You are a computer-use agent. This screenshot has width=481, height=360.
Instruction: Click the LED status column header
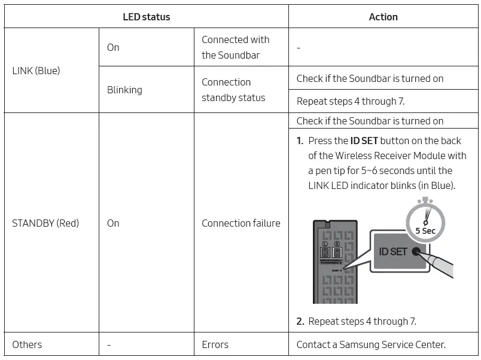146,17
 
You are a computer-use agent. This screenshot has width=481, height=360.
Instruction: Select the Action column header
383,17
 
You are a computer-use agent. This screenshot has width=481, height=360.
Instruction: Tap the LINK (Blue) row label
36,71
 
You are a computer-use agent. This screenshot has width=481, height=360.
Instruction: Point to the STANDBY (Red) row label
45,223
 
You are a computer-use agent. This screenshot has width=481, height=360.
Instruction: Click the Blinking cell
124,90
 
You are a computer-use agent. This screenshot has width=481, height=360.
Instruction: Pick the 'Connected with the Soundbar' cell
235,47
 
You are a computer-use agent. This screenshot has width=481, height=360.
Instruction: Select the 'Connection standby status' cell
233,90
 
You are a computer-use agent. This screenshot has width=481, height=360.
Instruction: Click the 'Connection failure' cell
240,223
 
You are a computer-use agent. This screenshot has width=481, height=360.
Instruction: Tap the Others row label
27,344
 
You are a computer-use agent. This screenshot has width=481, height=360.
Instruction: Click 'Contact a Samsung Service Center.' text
371,344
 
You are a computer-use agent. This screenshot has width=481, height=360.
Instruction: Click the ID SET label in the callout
392,252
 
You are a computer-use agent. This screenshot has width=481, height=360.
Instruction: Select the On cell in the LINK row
113,47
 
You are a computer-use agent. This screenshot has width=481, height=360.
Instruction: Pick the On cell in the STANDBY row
113,223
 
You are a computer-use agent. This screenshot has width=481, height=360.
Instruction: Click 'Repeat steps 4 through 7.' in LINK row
350,102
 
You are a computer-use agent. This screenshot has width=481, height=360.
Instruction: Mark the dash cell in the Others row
109,344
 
